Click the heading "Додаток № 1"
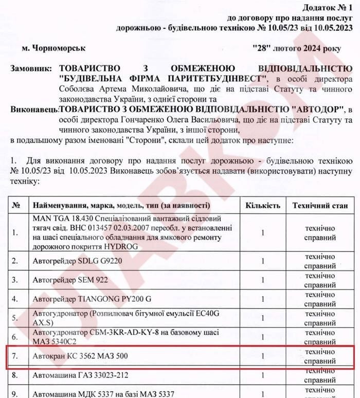click(326, 8)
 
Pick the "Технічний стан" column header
click(321, 205)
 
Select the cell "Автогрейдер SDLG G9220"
click(76, 261)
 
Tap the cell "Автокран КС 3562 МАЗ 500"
click(80, 356)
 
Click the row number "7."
click(15, 356)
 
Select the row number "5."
click(15, 317)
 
